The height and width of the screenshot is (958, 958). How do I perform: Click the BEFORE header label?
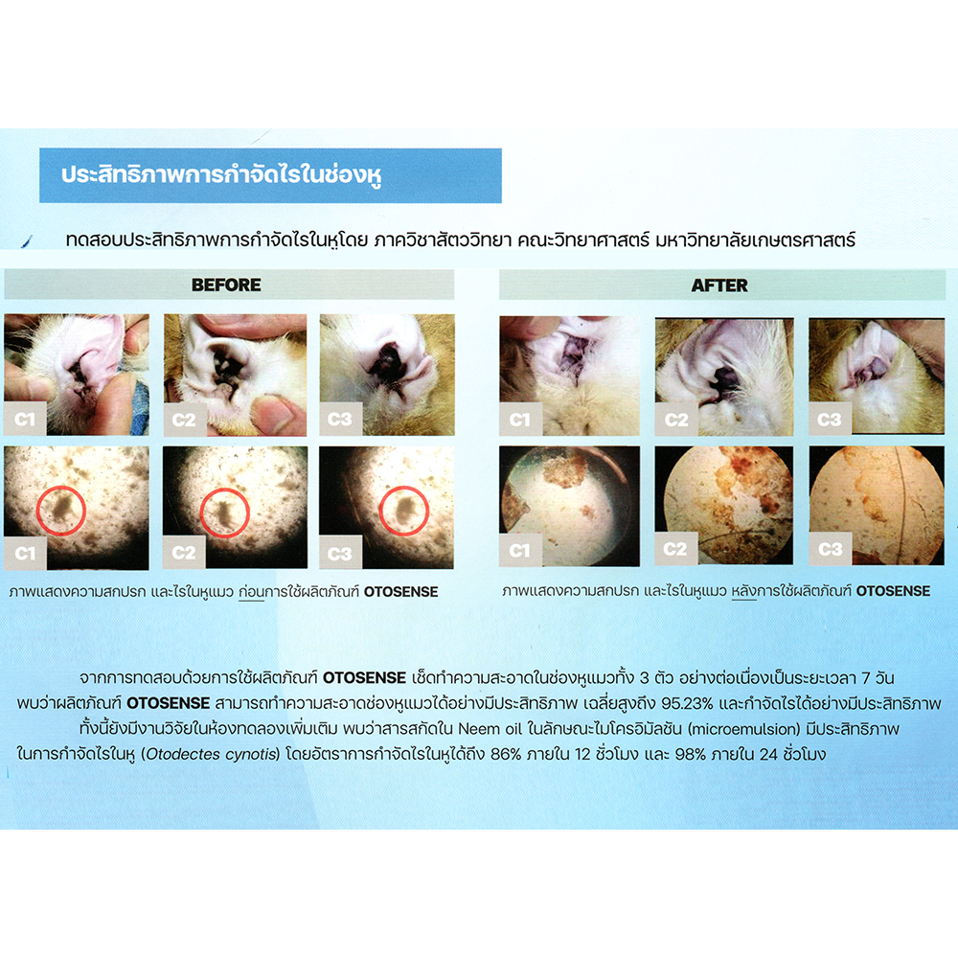[226, 285]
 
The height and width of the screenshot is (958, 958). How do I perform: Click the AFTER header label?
[719, 285]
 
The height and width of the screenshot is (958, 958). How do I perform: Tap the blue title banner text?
[221, 175]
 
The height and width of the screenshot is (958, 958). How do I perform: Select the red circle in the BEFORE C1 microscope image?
[61, 511]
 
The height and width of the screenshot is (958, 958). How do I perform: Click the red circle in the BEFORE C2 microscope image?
[225, 513]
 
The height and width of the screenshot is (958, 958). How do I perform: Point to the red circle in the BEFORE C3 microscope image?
[404, 511]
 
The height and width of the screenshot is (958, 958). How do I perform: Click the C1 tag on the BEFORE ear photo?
[25, 420]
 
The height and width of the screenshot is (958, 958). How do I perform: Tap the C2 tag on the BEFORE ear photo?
[184, 420]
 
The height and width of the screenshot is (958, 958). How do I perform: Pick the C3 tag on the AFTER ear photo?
[830, 420]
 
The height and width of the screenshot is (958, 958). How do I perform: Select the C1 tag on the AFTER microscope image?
[520, 551]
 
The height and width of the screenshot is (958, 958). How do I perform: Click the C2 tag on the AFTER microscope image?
[675, 549]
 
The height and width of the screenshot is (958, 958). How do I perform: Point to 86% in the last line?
[505, 754]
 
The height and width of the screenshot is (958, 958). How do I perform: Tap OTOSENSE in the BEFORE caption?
[400, 591]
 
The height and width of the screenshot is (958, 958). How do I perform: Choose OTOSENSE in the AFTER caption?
[893, 591]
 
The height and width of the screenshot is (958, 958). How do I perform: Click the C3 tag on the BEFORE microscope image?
[340, 554]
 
